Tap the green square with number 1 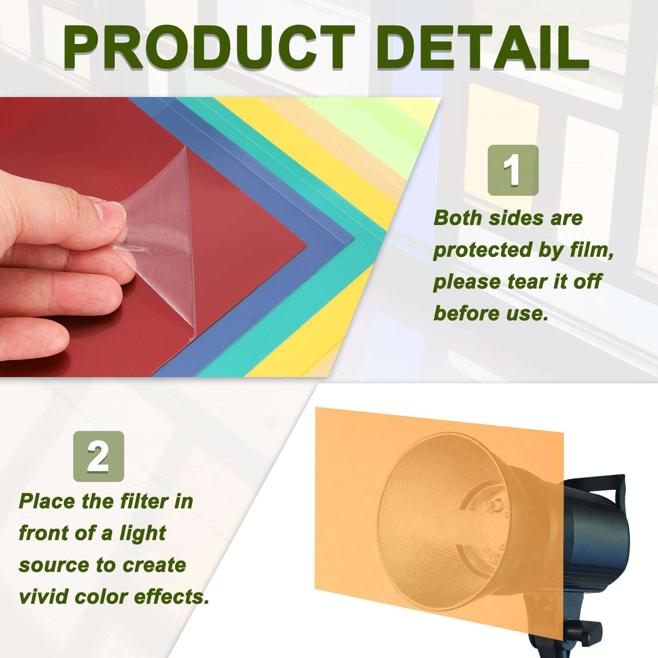point(513,170)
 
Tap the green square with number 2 point(98,456)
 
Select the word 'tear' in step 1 point(524,282)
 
